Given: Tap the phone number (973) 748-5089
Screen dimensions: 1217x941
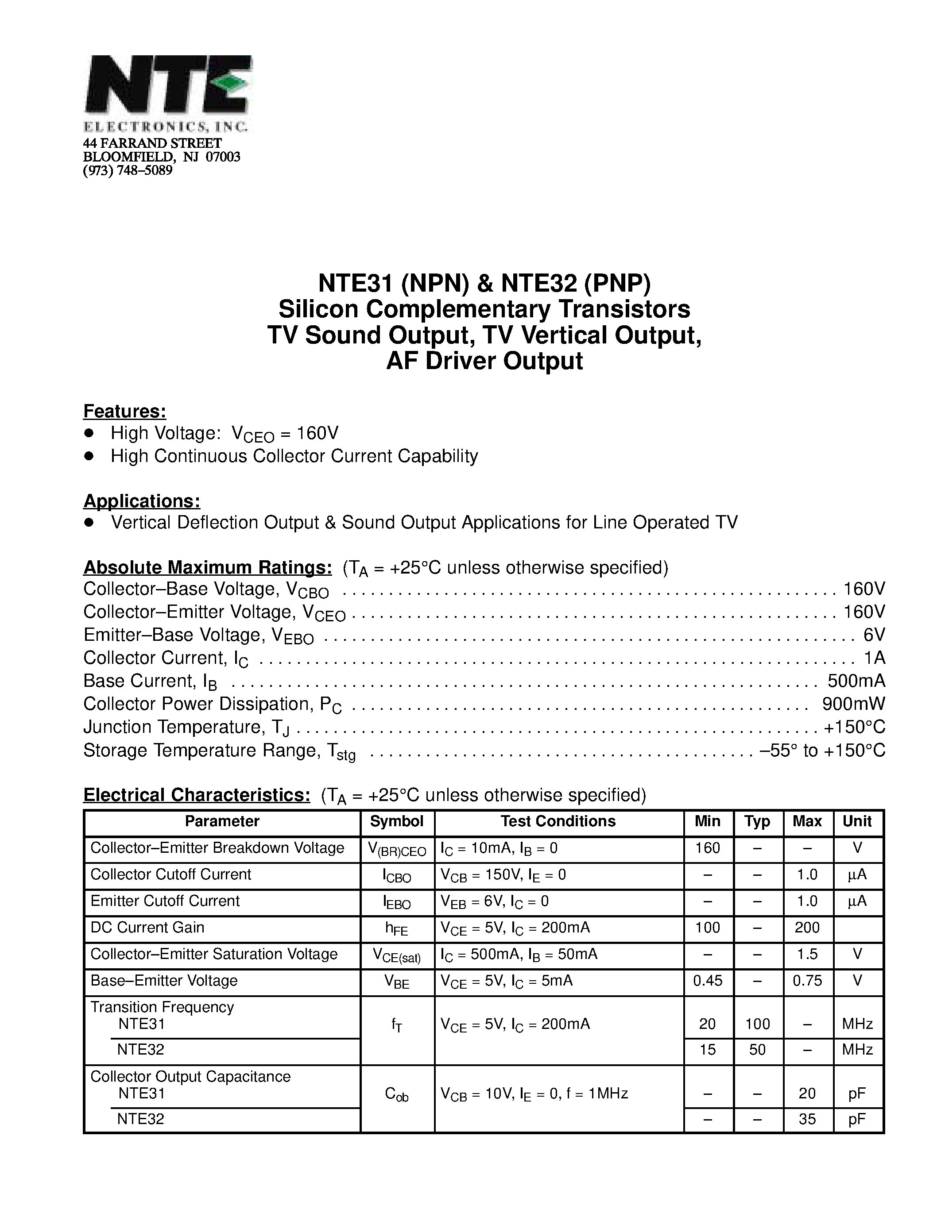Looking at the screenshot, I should (128, 170).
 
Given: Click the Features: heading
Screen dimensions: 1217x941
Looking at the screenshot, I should (124, 411).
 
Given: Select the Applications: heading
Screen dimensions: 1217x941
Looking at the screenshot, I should (142, 501).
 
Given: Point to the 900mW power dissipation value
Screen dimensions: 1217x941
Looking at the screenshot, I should (853, 704).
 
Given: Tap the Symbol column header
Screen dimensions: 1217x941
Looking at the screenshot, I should (396, 821).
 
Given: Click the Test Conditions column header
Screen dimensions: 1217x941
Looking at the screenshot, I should (558, 821).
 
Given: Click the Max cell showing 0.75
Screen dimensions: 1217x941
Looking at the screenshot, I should (807, 981).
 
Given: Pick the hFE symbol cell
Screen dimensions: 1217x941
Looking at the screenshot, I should (396, 929).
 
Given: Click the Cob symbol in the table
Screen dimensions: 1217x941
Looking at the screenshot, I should (396, 1094).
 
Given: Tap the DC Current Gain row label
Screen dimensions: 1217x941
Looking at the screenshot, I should (147, 927).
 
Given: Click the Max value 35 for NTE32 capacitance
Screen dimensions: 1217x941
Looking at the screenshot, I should (807, 1119).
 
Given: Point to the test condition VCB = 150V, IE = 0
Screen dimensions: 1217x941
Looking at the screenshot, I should (503, 875).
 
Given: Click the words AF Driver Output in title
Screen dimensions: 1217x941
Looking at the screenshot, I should (484, 361).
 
